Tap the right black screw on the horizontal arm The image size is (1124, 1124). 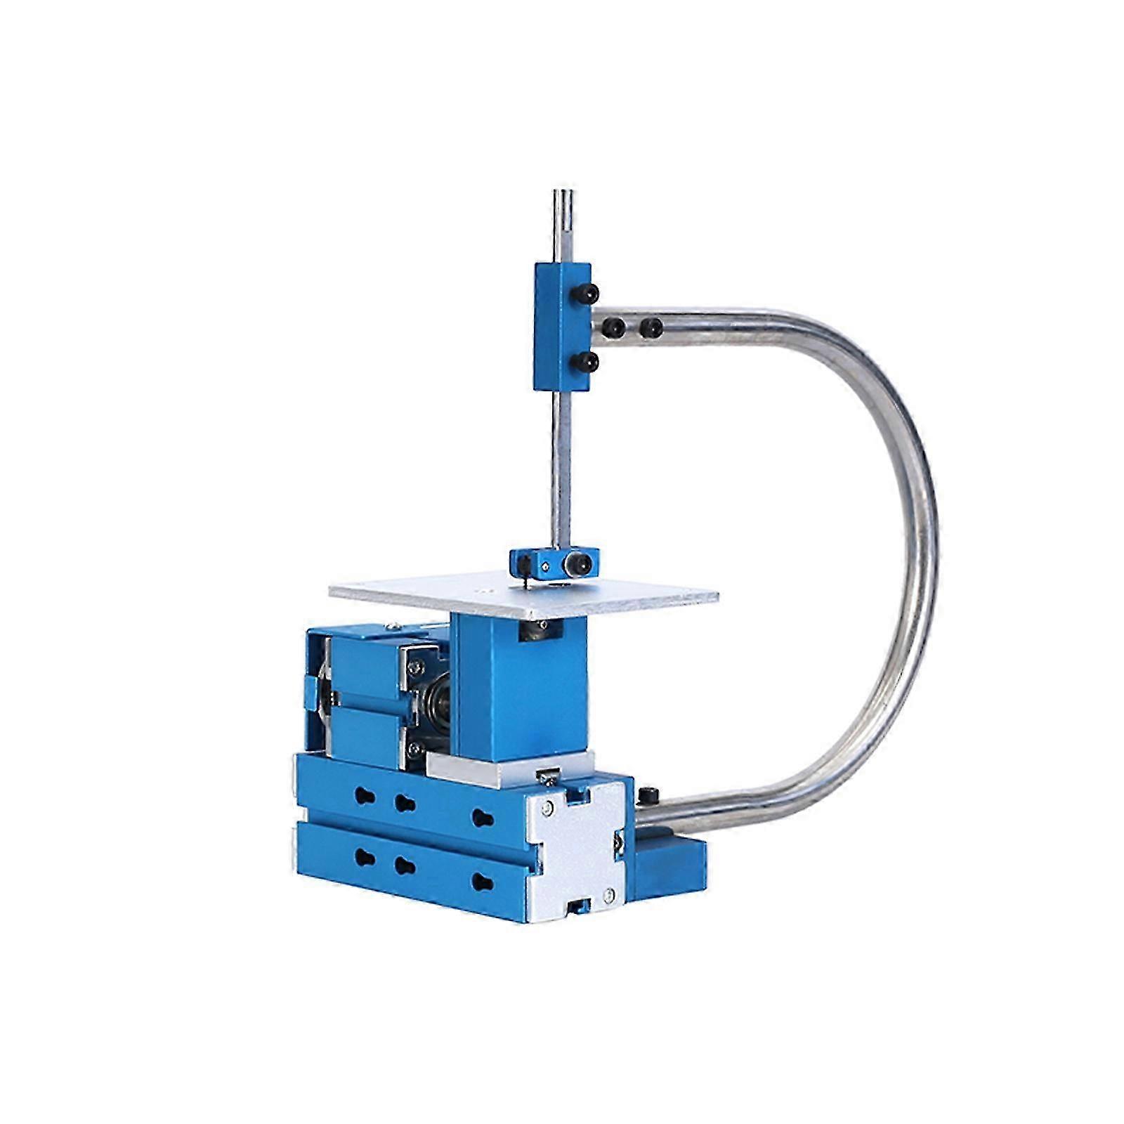[652, 326]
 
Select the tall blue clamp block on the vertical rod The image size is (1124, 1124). [562, 326]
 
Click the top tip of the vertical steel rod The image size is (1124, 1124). [563, 194]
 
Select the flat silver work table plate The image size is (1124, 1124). [523, 594]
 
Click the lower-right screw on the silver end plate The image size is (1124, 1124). [608, 894]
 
